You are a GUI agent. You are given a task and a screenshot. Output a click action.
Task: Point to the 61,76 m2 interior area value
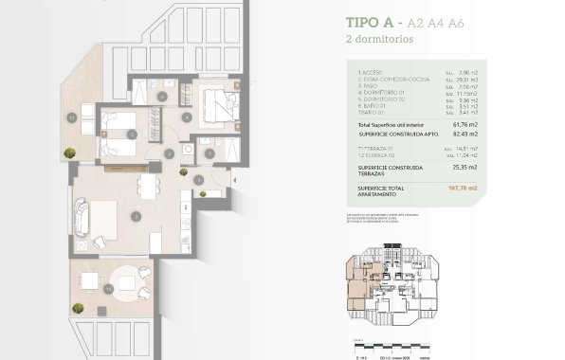tap(463, 124)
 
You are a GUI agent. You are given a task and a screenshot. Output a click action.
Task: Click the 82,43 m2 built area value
tap(463, 135)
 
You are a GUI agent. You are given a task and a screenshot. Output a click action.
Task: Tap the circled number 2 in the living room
tap(137, 216)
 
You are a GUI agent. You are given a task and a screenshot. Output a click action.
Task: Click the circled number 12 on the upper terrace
tap(71, 117)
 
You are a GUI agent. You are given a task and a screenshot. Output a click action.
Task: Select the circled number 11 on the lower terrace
tap(110, 287)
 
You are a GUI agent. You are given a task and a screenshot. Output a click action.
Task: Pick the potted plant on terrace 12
tap(69, 153)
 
